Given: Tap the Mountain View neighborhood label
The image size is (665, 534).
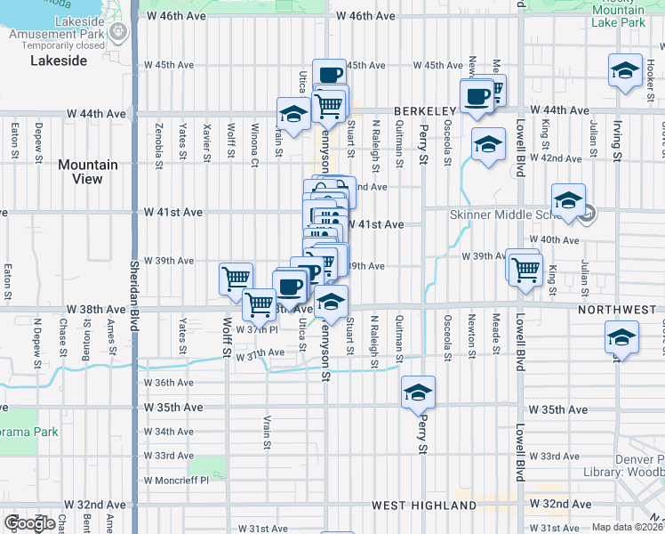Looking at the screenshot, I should (x=87, y=172).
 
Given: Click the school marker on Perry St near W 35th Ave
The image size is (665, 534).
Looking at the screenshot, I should (x=418, y=392).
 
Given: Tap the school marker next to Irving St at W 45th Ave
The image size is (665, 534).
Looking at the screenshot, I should (x=625, y=70).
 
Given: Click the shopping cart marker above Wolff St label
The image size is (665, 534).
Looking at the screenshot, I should (x=236, y=279).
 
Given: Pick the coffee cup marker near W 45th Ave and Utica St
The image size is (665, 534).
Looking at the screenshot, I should (x=329, y=75).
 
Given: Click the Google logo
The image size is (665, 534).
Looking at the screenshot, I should (x=29, y=523).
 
